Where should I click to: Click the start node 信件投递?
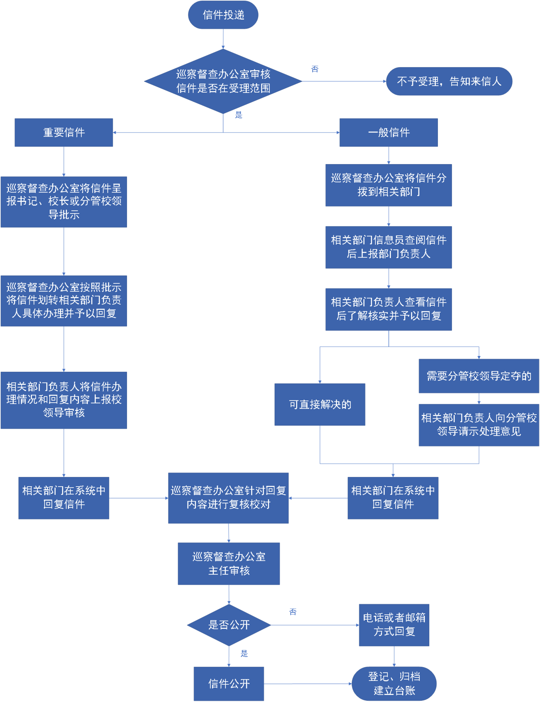pos(223,15)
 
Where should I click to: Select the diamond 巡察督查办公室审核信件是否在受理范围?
pos(223,81)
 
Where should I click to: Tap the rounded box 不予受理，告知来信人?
pos(449,81)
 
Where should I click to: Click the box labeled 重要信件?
pos(64,132)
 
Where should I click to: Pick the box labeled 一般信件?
pos(388,132)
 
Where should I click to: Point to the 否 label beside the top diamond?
pos(315,69)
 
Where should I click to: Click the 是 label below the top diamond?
pos(239,115)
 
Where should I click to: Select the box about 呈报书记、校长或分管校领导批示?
pos(64,202)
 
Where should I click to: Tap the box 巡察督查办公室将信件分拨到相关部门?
pos(388,185)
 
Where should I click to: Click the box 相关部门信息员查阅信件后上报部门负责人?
pos(388,247)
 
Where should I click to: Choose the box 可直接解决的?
pos(320,404)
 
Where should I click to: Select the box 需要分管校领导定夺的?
pos(479,376)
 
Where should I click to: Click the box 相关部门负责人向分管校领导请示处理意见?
pos(479,424)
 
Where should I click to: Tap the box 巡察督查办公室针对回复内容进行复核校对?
pos(228,498)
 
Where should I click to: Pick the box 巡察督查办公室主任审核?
pos(228,563)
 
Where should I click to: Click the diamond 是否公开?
pos(228,625)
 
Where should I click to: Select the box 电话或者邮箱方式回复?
pos(394,625)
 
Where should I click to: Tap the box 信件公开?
pos(228,684)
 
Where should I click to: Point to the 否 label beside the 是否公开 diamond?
pos(293,612)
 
